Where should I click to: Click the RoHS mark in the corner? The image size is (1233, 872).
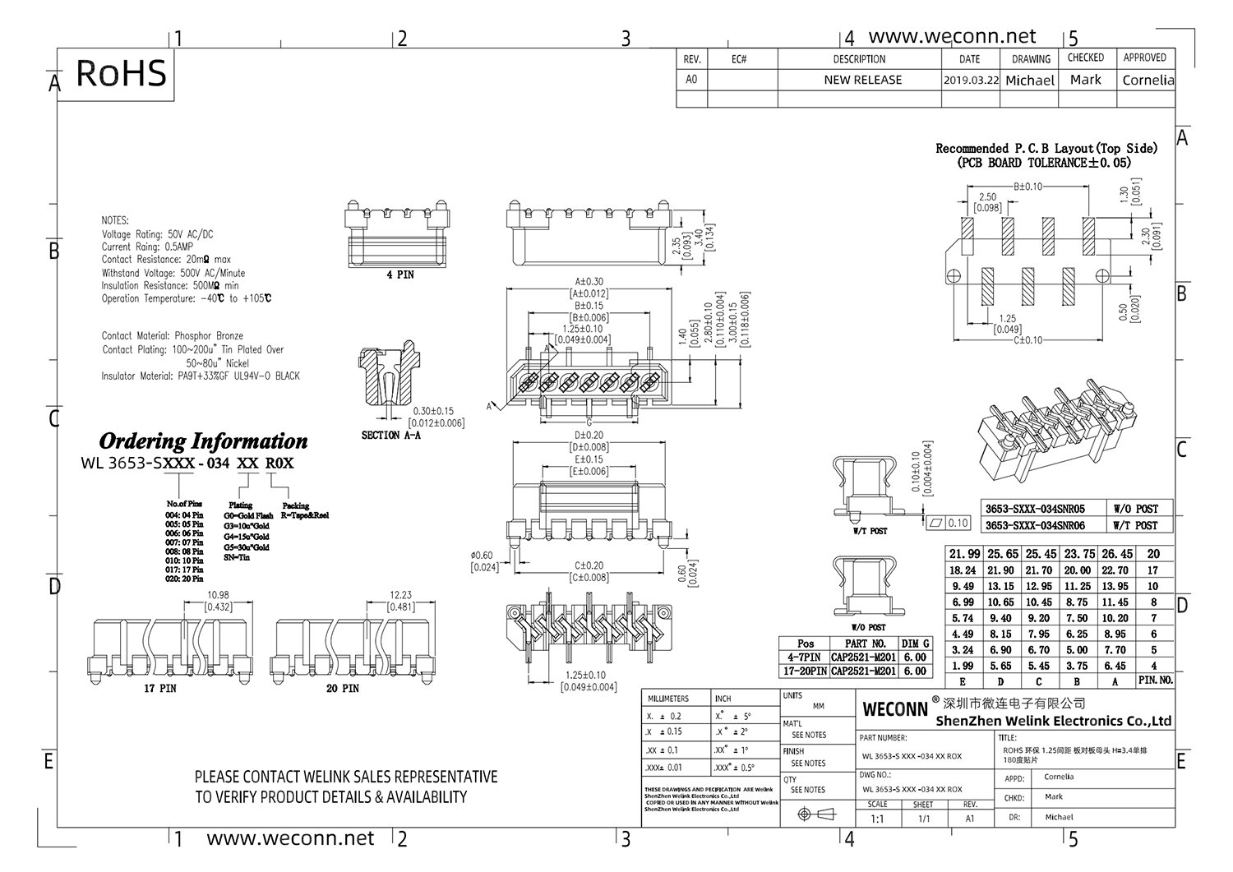tap(121, 73)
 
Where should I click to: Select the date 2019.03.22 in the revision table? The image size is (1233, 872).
tap(971, 81)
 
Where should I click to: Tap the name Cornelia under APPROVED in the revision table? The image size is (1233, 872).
tap(1148, 81)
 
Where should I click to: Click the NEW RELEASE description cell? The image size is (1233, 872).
tap(862, 81)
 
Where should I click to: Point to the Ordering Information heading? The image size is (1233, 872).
tap(203, 441)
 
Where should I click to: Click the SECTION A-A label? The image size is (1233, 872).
tap(390, 435)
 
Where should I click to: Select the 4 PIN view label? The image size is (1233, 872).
tap(400, 275)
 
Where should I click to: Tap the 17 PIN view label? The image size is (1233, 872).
tap(160, 688)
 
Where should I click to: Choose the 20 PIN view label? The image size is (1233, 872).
tap(342, 688)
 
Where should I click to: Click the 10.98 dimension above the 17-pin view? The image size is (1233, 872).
tap(218, 595)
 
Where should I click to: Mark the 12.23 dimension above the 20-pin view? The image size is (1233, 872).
tap(400, 595)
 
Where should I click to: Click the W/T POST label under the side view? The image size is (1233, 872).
tap(870, 531)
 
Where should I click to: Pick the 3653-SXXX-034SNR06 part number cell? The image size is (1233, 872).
tap(1035, 525)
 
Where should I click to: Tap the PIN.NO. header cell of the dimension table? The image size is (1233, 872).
tap(1155, 681)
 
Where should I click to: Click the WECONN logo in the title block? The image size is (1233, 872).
tap(895, 708)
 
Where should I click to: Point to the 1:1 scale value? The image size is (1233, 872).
tap(877, 819)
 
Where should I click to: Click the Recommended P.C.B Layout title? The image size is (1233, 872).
tap(1046, 149)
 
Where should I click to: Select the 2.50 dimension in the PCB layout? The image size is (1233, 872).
tap(987, 197)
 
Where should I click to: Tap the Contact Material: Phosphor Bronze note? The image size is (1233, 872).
tap(173, 336)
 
